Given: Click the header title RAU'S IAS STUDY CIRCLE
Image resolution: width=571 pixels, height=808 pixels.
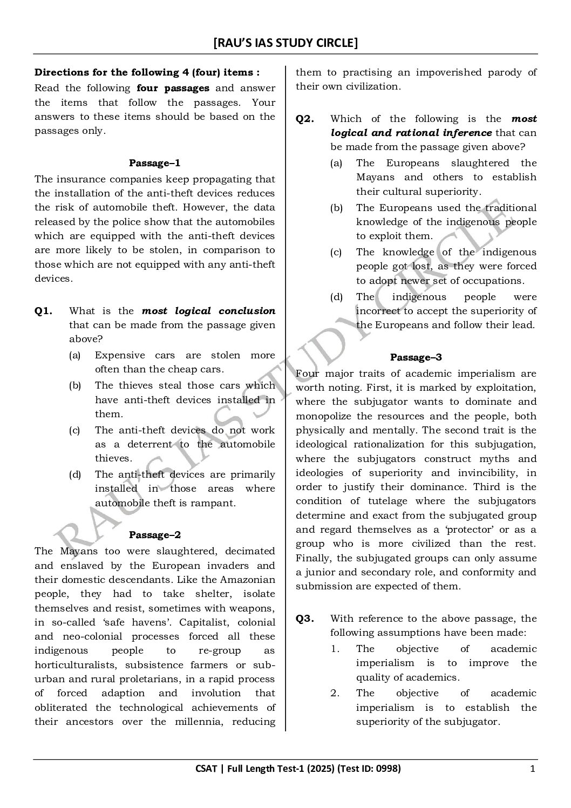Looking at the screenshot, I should [285, 43].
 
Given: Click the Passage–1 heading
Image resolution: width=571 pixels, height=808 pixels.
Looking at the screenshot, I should [154, 162].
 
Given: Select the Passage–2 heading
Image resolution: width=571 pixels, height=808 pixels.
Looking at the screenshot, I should [154, 535].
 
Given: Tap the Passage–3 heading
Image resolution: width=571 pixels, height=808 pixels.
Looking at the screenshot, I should [416, 357].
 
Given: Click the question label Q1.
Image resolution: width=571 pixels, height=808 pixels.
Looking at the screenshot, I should [43, 311].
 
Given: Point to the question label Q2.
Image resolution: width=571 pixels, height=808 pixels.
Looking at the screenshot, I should [304, 119].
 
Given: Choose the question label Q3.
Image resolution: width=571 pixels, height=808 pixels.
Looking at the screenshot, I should [304, 619].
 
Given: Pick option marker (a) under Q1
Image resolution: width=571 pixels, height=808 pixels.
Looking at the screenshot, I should [75, 355].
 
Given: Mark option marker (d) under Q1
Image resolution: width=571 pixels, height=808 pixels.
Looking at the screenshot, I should [75, 474].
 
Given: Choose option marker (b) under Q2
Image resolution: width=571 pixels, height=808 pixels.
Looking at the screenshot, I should [336, 208].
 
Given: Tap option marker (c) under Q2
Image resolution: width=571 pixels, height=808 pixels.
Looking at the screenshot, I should [336, 252].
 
